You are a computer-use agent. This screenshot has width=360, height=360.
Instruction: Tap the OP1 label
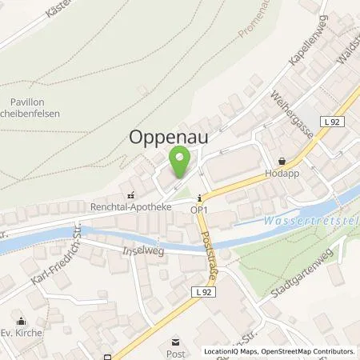point(199,210)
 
